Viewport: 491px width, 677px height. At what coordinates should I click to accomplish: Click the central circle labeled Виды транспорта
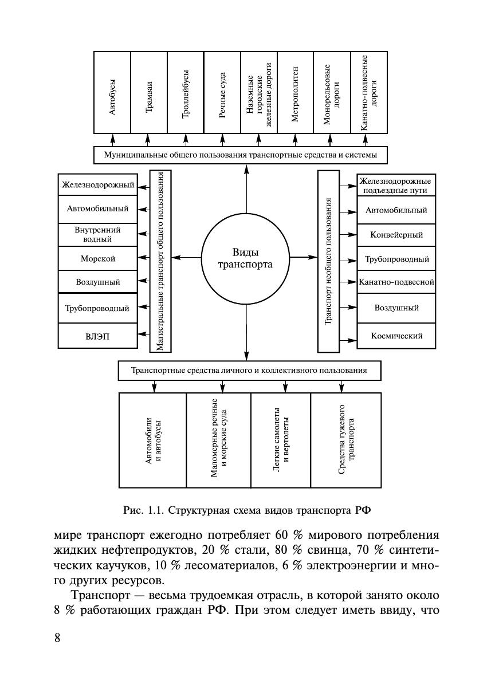coord(245,259)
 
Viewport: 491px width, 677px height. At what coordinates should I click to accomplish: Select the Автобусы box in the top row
coord(112,92)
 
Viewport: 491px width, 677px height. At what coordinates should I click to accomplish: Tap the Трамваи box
coord(148,92)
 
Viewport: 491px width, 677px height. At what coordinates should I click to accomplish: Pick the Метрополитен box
coord(295,92)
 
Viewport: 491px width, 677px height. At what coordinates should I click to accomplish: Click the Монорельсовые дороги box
coord(332,92)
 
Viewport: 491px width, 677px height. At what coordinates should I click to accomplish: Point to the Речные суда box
coord(222,92)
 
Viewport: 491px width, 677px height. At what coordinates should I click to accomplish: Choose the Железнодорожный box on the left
coord(98,185)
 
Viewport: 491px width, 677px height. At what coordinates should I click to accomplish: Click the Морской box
coord(98,259)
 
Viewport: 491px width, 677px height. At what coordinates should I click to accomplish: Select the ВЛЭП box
coord(98,337)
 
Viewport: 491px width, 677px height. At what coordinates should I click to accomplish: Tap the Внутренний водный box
coord(98,234)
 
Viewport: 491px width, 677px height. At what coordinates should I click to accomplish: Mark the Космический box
coord(396,336)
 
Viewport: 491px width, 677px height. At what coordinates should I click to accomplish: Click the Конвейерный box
coord(396,234)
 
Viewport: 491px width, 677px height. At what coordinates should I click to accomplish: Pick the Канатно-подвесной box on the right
coord(396,282)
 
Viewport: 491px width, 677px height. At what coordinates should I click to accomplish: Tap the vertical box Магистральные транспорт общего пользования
coord(161,261)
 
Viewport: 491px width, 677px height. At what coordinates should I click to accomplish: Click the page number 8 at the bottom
coord(57,638)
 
